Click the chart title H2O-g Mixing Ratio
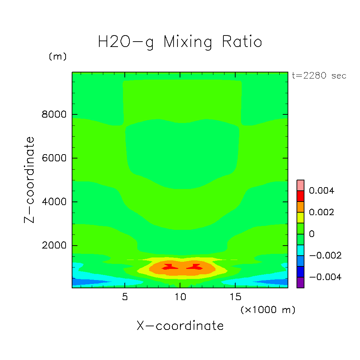(x=180, y=42)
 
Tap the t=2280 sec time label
(x=319, y=76)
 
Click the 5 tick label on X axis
(x=124, y=297)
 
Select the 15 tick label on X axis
(x=235, y=297)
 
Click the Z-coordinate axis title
(x=30, y=180)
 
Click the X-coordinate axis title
(x=180, y=326)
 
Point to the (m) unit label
(x=57, y=57)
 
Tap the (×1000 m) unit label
(x=268, y=310)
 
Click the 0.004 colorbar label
(x=321, y=191)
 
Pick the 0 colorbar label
(x=312, y=234)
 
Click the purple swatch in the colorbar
(x=300, y=283)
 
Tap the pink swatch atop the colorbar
(x=300, y=185)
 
